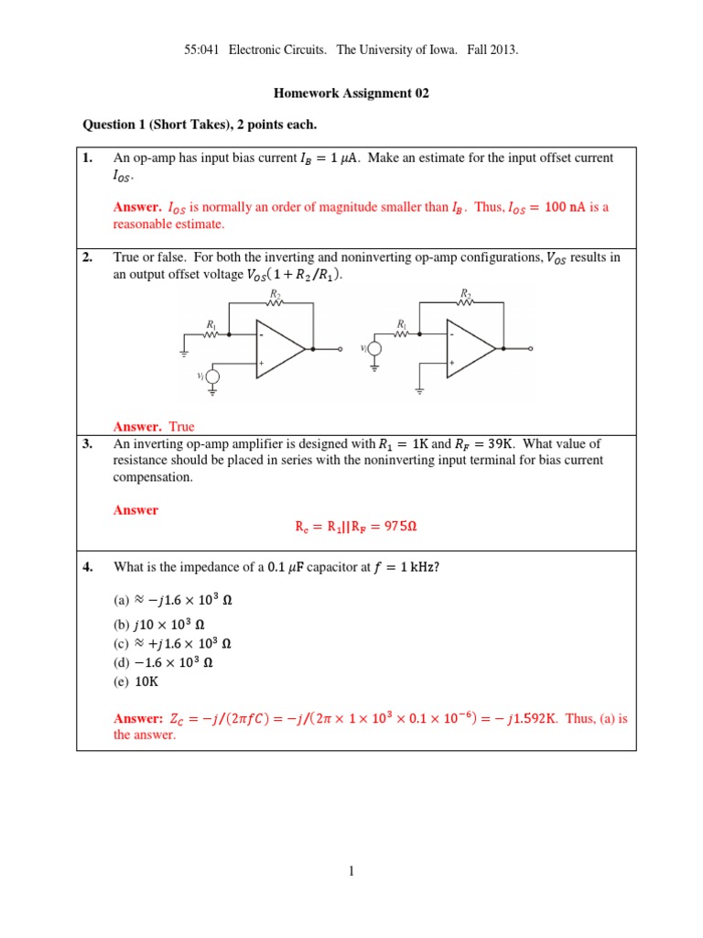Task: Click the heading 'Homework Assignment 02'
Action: pos(351,93)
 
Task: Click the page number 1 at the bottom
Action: pos(351,871)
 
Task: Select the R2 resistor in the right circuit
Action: pos(465,303)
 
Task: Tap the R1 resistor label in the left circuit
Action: pos(211,324)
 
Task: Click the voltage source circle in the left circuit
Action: pos(213,376)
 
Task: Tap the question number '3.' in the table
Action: pos(88,443)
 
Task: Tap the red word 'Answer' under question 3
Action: pos(135,510)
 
